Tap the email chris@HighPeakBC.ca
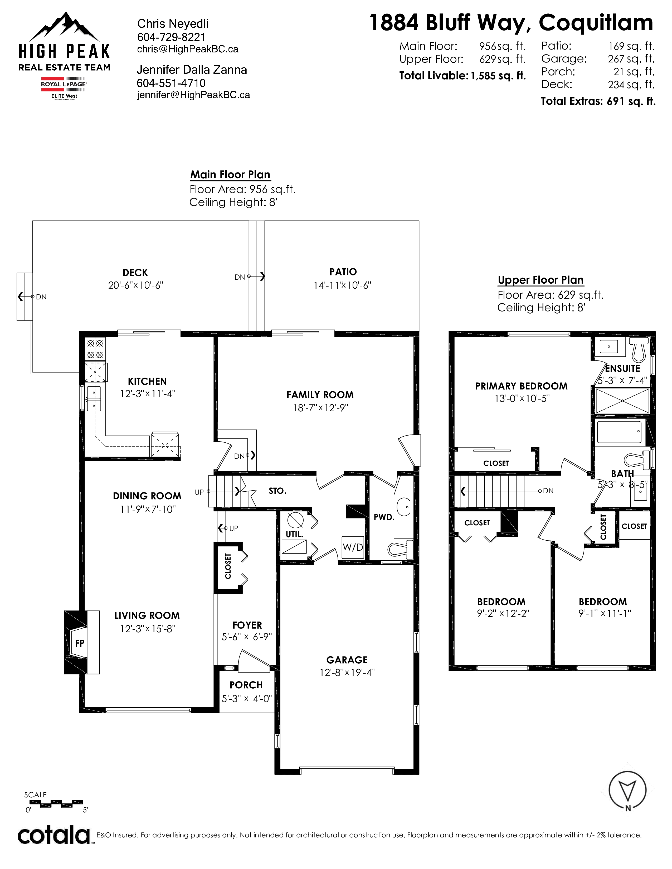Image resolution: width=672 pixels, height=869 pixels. click(188, 49)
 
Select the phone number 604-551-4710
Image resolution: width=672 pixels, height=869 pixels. click(171, 83)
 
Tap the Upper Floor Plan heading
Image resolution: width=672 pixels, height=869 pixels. click(540, 280)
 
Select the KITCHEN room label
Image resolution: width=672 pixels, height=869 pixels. click(147, 381)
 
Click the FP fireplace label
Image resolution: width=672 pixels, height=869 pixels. click(80, 643)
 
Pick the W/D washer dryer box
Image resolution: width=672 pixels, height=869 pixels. click(353, 547)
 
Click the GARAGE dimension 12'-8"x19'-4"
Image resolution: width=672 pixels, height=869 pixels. click(347, 673)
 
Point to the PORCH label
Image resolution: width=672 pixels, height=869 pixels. click(246, 685)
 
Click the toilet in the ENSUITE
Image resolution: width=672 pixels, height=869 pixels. click(639, 349)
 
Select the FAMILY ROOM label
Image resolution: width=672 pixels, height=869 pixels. click(320, 395)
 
